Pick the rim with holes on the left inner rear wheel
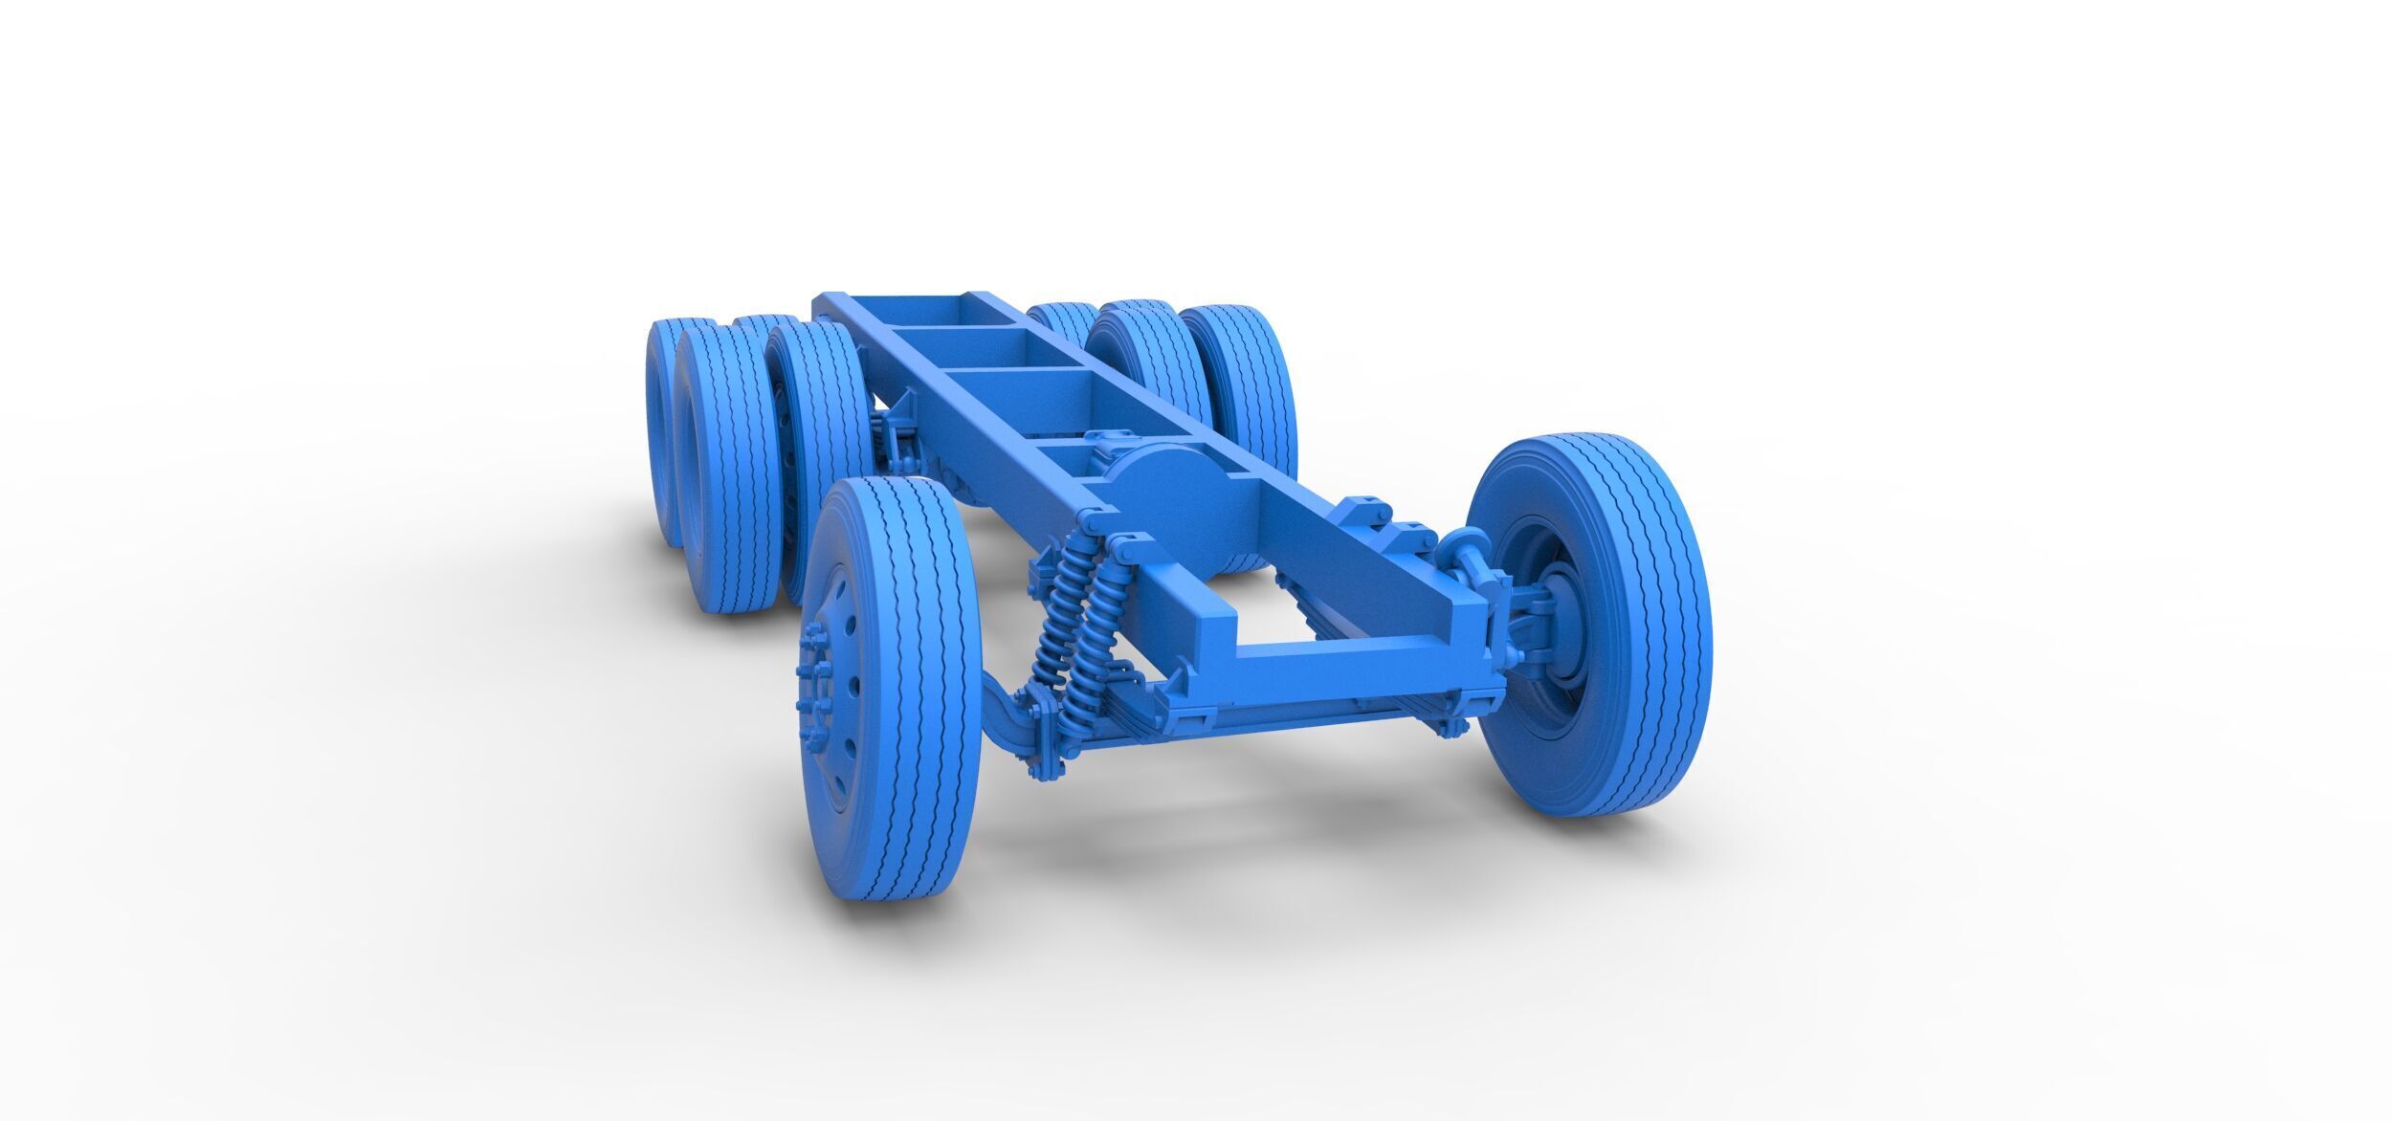tap(785, 459)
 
